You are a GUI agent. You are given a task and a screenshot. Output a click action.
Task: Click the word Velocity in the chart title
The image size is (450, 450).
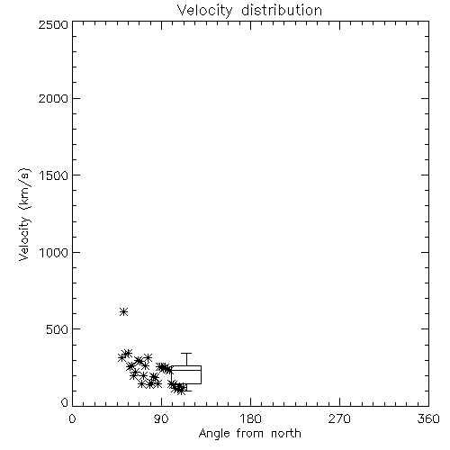tap(204, 11)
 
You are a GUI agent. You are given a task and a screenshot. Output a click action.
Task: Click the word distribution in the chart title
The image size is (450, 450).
tap(282, 10)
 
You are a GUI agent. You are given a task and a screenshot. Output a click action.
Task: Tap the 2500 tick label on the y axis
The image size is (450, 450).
tap(53, 24)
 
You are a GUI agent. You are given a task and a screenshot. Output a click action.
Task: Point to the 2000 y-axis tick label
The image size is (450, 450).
tap(53, 98)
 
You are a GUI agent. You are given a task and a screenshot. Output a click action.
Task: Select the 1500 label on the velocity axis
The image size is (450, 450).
tap(54, 175)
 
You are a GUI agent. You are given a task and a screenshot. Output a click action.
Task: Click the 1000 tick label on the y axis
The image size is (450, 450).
tap(54, 252)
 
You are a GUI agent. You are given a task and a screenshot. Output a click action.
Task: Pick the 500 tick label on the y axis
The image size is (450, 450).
tap(58, 329)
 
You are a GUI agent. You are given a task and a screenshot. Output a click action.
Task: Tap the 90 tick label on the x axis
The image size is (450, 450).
tap(161, 418)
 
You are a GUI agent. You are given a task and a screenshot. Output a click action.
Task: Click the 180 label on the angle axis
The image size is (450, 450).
tap(250, 418)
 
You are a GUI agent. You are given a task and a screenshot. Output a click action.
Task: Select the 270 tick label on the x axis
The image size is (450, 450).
tap(339, 418)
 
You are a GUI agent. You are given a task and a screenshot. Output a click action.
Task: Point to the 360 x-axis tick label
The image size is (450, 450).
tap(428, 418)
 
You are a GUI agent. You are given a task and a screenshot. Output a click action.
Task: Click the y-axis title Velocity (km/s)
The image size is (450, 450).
tap(24, 214)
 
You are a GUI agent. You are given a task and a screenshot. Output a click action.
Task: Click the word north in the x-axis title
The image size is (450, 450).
tap(286, 434)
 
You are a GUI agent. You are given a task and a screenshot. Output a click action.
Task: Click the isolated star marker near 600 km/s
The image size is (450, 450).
tap(123, 312)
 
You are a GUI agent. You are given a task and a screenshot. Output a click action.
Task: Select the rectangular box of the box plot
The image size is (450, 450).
tap(186, 366)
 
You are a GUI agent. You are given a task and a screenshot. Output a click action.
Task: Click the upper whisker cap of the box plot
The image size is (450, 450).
tap(186, 354)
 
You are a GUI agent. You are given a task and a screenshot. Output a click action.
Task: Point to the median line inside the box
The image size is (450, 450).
tap(186, 370)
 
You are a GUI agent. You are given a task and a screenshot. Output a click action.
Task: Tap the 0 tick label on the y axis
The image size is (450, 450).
tap(65, 402)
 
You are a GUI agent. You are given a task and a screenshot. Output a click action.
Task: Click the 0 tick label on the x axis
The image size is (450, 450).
tap(72, 418)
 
